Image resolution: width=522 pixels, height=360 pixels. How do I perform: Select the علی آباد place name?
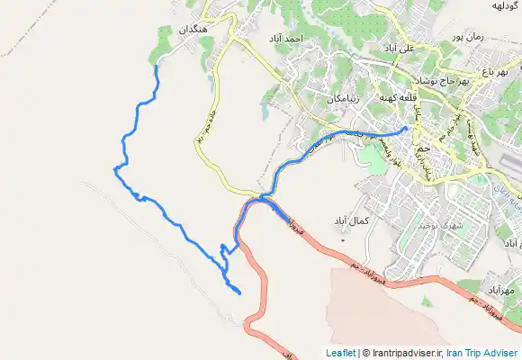point(399,47)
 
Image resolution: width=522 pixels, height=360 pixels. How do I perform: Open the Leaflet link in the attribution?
point(340,353)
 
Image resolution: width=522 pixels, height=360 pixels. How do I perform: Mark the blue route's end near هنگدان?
point(157,66)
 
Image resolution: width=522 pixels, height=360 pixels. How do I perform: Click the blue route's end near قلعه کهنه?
point(408,128)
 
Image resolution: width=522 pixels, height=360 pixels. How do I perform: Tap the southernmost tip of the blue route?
point(239,293)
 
